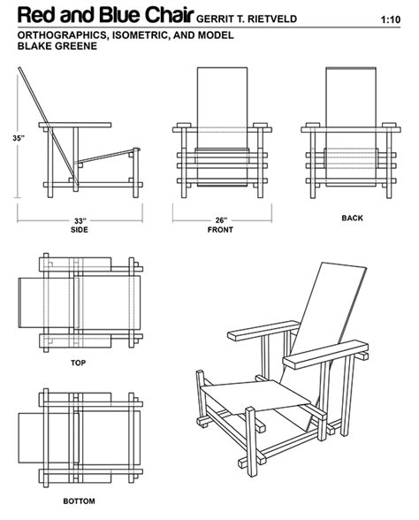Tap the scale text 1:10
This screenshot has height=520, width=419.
tap(390, 19)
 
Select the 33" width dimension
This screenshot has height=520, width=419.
tap(79, 220)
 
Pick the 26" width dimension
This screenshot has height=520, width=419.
tap(220, 220)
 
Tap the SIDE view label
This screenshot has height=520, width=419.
tap(79, 230)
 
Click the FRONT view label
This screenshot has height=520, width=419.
tap(220, 230)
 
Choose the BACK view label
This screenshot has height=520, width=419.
tap(352, 217)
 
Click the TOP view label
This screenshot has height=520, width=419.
tap(78, 363)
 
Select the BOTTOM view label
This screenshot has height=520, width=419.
tap(78, 501)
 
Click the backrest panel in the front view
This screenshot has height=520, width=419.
tap(221, 97)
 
